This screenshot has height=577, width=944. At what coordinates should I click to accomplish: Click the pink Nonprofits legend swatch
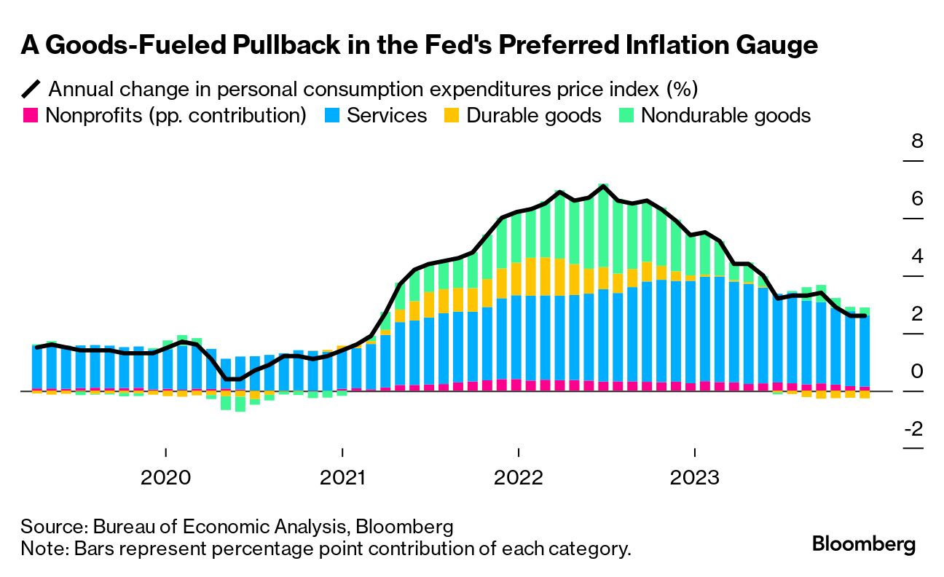[31, 115]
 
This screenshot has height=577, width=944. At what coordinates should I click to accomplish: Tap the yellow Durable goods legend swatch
[452, 115]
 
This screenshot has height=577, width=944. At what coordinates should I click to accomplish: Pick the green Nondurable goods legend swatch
[626, 115]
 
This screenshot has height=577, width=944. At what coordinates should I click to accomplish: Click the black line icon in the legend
[31, 90]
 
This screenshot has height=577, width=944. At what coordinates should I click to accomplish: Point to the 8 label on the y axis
[917, 141]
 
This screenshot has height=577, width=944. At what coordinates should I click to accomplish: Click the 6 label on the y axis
[917, 198]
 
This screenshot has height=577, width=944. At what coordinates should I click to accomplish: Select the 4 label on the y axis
[917, 256]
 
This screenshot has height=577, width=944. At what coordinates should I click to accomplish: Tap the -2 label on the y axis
[913, 429]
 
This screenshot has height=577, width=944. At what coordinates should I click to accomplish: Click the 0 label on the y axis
[917, 372]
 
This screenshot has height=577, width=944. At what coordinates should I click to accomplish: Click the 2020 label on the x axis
[165, 478]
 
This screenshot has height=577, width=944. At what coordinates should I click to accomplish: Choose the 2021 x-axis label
[342, 478]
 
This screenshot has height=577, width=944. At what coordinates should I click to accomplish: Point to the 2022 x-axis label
[519, 478]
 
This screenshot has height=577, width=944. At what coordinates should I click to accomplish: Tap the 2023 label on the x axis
[695, 478]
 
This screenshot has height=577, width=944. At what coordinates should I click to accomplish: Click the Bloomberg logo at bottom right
[864, 544]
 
